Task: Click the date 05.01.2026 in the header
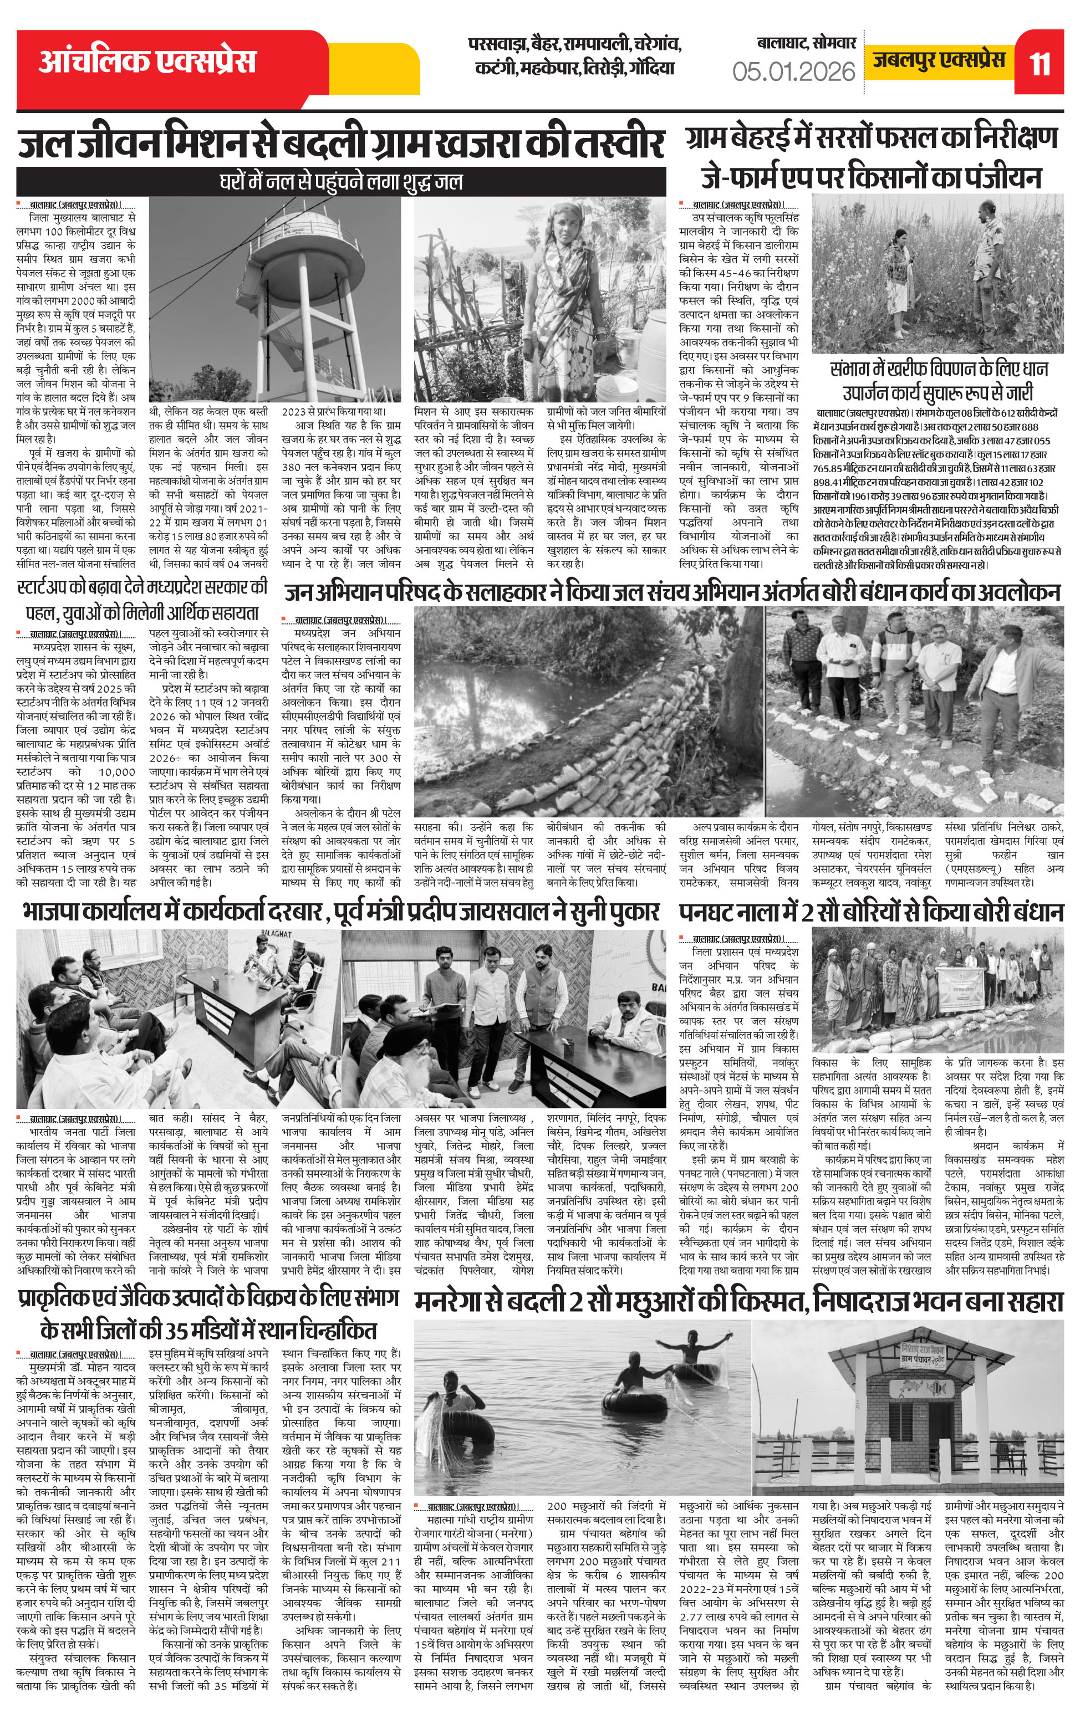[x=793, y=71]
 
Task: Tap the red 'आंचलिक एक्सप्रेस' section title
[x=146, y=60]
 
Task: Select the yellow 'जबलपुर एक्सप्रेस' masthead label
[x=939, y=60]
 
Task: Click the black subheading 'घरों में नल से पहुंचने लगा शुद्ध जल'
[x=341, y=181]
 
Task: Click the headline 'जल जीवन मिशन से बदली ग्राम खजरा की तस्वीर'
[x=341, y=144]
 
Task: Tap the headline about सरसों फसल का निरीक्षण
[x=871, y=138]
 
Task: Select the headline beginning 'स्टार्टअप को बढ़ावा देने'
[x=143, y=587]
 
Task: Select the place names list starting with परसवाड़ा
[x=574, y=57]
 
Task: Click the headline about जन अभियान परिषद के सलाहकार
[x=672, y=592]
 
